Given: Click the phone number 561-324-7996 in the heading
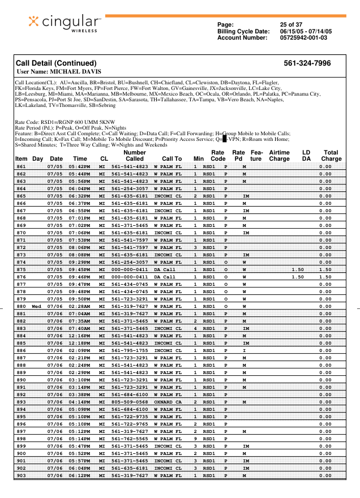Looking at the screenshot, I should tap(307, 63).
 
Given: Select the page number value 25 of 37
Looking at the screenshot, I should tap(291, 25).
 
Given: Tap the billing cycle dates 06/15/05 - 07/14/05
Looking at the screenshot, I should tap(306, 31).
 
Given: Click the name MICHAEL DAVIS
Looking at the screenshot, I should tap(76, 72).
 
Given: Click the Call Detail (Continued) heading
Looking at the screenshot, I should tap(56, 63).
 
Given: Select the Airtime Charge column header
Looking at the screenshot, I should tap(279, 156).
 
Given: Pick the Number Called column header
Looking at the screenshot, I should tap(134, 156).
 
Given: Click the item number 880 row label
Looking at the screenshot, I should tap(21, 306).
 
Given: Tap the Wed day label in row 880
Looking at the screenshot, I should tap(37, 306).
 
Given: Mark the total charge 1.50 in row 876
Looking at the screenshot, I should tap(325, 277).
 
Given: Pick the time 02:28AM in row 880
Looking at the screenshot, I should tap(79, 306).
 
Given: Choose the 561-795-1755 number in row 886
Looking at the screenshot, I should tap(130, 350).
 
